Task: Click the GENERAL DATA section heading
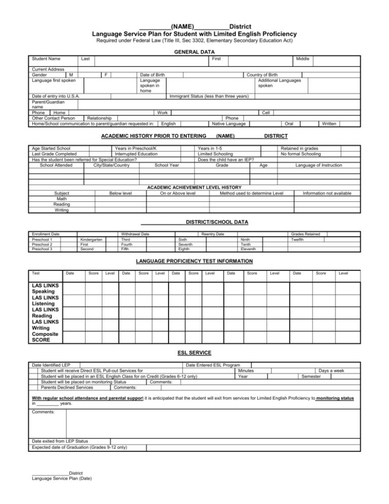pos(194,52)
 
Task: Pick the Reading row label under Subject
pos(61,204)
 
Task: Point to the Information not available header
pos(327,193)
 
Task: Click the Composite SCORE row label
pos(45,338)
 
